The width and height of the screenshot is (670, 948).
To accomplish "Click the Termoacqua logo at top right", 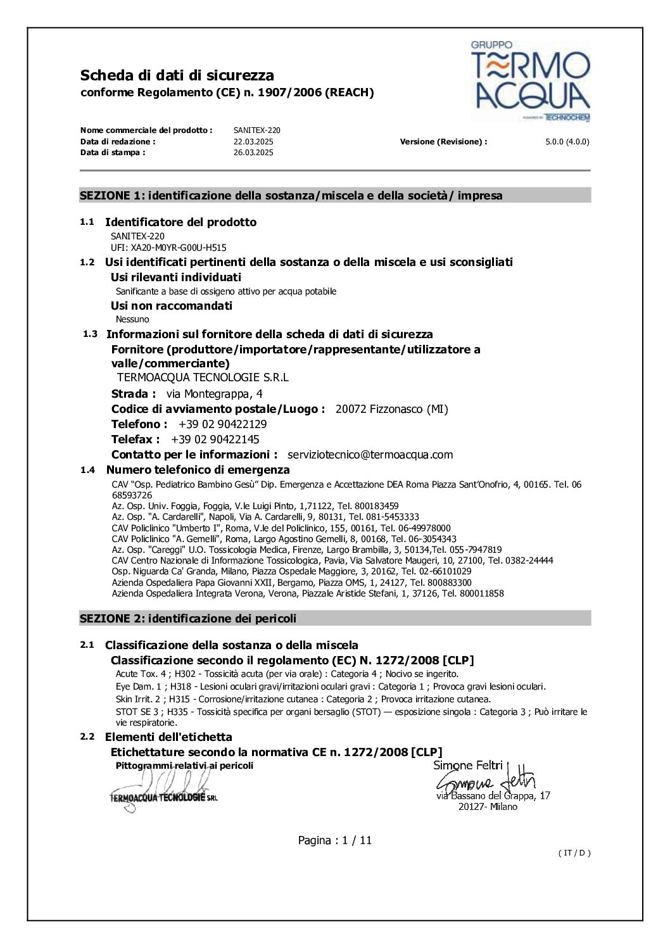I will click(531, 81).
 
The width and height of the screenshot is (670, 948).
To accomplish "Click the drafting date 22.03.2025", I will click(253, 142).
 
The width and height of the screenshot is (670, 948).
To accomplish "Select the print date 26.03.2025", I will click(253, 153).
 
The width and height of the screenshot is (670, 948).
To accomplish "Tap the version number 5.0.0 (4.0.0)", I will click(567, 142).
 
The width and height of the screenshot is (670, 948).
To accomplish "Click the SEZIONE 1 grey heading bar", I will click(334, 196).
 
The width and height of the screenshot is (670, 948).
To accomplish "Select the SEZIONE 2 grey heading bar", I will click(334, 619).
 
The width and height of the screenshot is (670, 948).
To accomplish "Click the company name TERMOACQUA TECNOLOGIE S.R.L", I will click(203, 377).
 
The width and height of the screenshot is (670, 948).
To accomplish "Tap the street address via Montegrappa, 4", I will click(214, 394).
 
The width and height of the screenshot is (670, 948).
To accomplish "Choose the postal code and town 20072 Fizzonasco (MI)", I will click(391, 409).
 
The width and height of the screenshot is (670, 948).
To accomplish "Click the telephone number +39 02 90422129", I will click(222, 424).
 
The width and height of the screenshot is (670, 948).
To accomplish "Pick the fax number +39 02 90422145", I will click(215, 439).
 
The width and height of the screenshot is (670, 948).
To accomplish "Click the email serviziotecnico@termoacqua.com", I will click(370, 455).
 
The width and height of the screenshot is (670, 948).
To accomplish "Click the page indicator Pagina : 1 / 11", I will click(334, 840).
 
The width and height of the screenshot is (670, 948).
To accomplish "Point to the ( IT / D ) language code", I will click(574, 853).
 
